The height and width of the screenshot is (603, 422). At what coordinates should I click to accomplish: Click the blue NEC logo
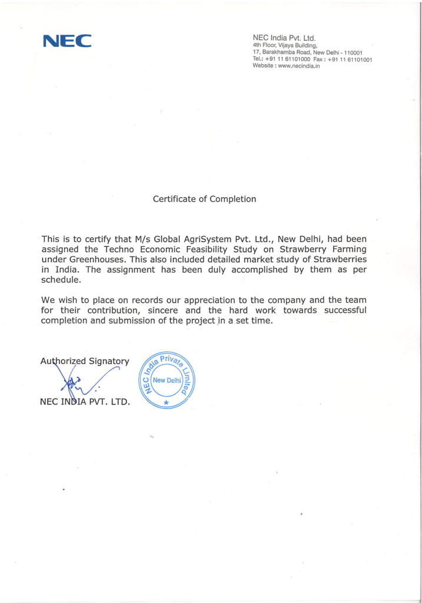(x=67, y=41)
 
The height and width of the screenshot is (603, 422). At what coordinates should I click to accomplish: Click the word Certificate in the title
(x=174, y=199)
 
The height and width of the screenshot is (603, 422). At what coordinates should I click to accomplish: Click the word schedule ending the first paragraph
(x=60, y=280)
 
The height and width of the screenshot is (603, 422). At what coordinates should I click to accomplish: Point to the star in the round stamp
(x=166, y=402)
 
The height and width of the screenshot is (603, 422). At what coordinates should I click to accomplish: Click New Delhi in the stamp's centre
(x=167, y=380)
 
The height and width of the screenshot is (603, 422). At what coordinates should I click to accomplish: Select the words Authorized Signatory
(x=84, y=361)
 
